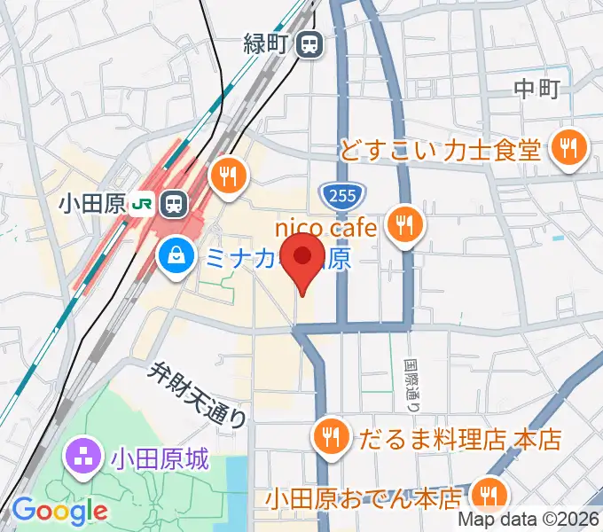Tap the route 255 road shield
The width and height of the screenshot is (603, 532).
pyautogui.click(x=333, y=193)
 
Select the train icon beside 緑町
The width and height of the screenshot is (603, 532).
pyautogui.click(x=309, y=42)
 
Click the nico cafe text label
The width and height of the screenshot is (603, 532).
pyautogui.click(x=328, y=229)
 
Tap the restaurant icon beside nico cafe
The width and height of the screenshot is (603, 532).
pyautogui.click(x=405, y=226)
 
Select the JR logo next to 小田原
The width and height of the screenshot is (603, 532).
pyautogui.click(x=140, y=205)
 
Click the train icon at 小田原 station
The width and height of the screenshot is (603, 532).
pyautogui.click(x=174, y=204)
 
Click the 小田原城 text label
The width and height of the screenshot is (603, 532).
pyautogui.click(x=160, y=459)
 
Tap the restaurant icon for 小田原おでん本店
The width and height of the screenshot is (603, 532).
pyautogui.click(x=487, y=493)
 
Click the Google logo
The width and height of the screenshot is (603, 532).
pyautogui.click(x=59, y=511)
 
